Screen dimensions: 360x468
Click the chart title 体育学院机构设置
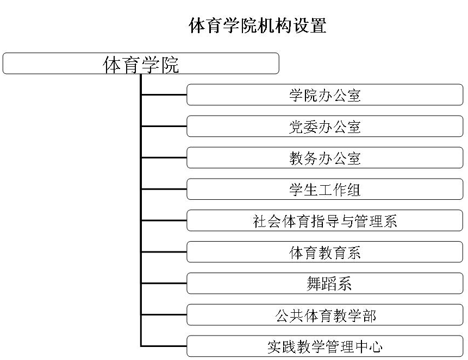point(257,25)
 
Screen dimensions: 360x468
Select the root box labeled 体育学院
point(141,64)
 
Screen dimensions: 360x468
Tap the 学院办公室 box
point(325,95)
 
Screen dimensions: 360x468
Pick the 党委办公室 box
point(325,127)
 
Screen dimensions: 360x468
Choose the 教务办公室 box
point(325,158)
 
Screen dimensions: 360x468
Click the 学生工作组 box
point(325,190)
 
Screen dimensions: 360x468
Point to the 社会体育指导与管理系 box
point(325,220)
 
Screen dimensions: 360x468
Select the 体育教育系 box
point(325,252)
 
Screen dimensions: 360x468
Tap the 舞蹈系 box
point(325,283)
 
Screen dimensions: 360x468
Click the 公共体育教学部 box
point(325,315)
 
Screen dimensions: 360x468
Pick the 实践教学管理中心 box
point(325,346)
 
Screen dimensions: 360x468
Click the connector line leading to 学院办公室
point(164,95)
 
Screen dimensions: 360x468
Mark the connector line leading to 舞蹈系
point(164,283)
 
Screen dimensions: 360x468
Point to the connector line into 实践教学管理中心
point(164,346)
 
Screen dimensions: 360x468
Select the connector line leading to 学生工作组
point(164,190)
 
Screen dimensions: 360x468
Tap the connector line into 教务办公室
point(164,158)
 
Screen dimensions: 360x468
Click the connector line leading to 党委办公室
point(164,127)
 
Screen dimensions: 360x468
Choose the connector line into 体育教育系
point(164,252)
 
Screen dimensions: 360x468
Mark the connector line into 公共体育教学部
point(164,315)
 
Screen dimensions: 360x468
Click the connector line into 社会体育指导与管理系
point(164,220)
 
